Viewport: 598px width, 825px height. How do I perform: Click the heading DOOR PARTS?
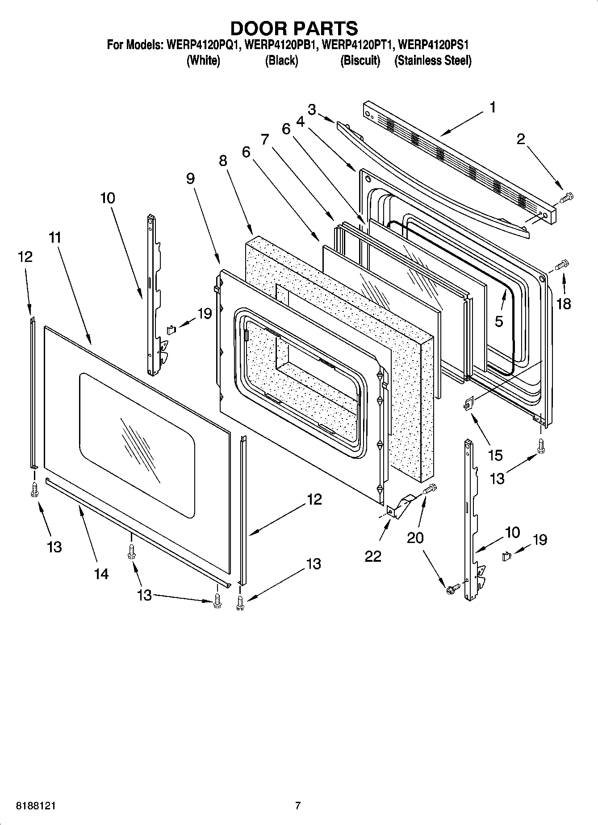[x=294, y=28]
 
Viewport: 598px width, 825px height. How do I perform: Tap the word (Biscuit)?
[x=360, y=61]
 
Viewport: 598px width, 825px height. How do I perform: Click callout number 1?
[x=492, y=108]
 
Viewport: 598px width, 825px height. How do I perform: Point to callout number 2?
[x=521, y=140]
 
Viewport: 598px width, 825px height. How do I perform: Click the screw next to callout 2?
[x=566, y=197]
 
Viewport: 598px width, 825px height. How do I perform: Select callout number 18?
[x=564, y=304]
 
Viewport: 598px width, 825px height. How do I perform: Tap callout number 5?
[x=499, y=321]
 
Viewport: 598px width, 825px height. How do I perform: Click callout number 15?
[x=495, y=456]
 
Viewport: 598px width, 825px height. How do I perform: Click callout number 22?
[x=373, y=556]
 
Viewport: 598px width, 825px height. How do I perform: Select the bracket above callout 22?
[x=399, y=507]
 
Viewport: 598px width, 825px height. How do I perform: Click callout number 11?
[x=55, y=238]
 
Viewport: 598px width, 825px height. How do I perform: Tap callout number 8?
[x=223, y=161]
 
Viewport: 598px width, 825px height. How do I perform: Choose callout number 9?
[x=190, y=178]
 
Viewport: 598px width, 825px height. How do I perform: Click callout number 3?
[x=312, y=109]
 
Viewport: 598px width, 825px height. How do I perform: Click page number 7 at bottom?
[x=298, y=806]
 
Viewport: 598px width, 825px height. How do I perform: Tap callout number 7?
[x=265, y=139]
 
